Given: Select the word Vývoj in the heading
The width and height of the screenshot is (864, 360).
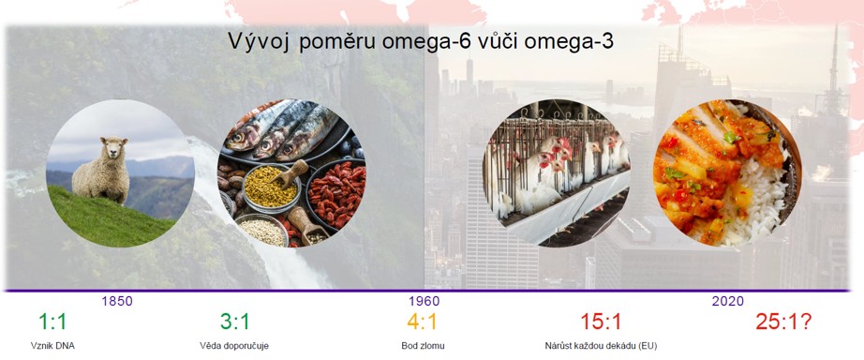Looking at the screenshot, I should coord(259,43).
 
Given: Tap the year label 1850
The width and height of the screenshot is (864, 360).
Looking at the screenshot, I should coord(117,302).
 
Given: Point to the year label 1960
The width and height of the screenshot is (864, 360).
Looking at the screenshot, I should coord(425,302).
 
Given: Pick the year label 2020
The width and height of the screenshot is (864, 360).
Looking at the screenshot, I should coord(728,302).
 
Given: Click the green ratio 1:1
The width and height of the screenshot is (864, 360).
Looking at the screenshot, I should coord(52,322).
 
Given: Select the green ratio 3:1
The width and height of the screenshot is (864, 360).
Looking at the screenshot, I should coord(234,322).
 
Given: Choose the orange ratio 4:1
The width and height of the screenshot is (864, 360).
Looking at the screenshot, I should coord(422,322).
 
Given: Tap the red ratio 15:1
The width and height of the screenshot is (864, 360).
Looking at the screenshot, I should coord(601,322).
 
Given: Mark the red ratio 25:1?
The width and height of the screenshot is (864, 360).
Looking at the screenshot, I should coord(783,322).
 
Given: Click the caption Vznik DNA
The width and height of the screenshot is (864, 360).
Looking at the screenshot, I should coord(52,346).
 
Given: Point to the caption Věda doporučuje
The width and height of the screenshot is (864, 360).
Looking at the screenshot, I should coord(234,346).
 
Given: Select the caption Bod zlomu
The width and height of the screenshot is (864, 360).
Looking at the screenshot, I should coord(422,346).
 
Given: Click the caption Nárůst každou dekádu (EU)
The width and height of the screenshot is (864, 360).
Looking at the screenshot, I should coord(601,346).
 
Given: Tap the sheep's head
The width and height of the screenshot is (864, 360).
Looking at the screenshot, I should coord(114,148).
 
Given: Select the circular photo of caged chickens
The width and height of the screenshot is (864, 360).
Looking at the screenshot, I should coord(558,172).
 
